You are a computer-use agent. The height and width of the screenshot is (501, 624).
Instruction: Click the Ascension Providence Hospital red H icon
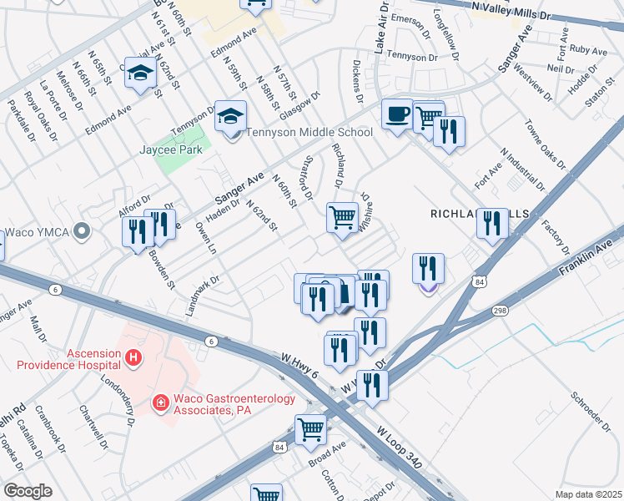click(132, 358)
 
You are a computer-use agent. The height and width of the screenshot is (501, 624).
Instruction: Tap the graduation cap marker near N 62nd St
click(140, 76)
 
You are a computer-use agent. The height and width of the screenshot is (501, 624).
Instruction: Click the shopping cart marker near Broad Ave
click(311, 429)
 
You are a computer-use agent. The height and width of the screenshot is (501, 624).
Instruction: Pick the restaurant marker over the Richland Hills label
click(492, 223)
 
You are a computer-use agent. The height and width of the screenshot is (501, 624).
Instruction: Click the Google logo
click(28, 491)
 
